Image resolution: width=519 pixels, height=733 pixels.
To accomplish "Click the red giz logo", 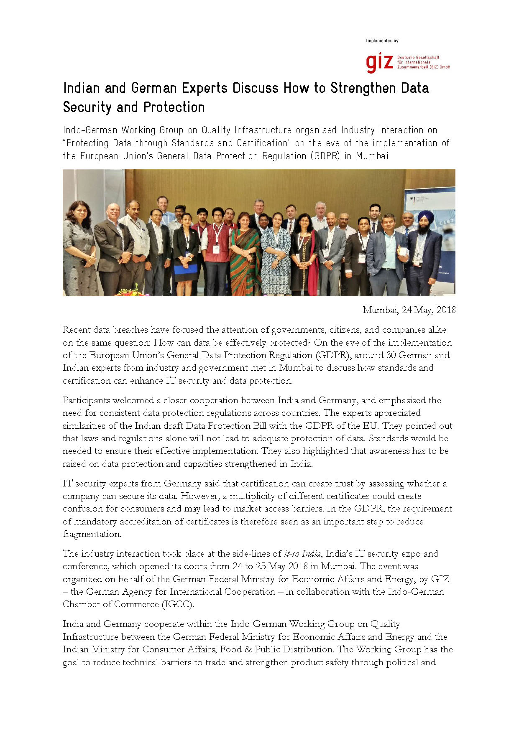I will pos(379,62).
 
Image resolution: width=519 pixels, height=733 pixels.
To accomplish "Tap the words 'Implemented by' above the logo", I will pos(382,41).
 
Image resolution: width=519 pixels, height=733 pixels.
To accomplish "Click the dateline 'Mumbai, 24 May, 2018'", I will pos(409,310).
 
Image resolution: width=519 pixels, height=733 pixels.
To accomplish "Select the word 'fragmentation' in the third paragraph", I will pos(92,534).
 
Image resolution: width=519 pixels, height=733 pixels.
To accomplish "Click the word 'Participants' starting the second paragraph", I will pos(87,400).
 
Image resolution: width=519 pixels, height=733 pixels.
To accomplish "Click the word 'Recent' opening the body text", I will pos(76,330).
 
